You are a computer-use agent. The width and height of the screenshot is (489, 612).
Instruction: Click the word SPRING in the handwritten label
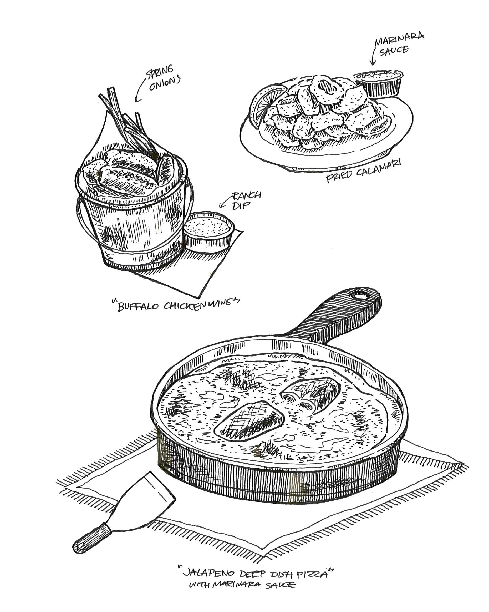pyautogui.click(x=159, y=72)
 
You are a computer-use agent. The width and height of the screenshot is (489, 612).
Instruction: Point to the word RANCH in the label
pyautogui.click(x=246, y=195)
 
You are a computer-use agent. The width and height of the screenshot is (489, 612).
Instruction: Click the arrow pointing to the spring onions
pyautogui.click(x=140, y=91)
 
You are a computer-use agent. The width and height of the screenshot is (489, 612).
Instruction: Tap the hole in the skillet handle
pyautogui.click(x=361, y=296)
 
